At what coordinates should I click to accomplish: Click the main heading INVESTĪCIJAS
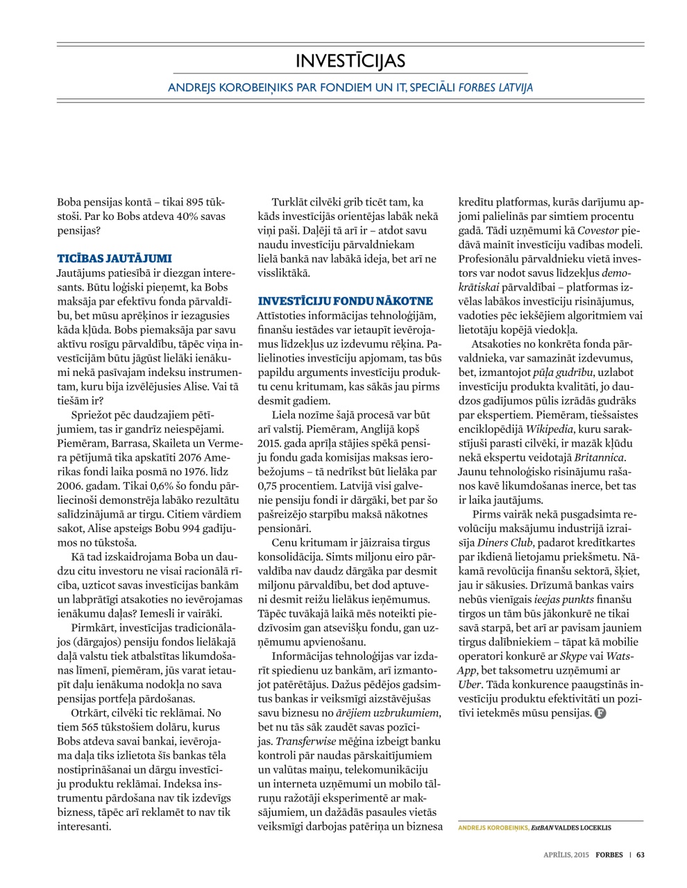(x=350, y=61)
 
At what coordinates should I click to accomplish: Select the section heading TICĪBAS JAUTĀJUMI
(x=114, y=258)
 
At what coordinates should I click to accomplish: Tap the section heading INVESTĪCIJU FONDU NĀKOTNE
(x=345, y=301)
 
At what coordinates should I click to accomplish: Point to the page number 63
(x=641, y=855)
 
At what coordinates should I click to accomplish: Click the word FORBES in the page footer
(x=609, y=855)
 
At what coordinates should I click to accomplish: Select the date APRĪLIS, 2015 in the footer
(x=566, y=855)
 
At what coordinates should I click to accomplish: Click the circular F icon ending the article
(x=600, y=713)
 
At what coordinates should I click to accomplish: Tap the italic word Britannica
(x=598, y=457)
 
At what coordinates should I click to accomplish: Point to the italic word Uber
(x=469, y=684)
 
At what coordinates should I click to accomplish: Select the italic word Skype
(x=573, y=656)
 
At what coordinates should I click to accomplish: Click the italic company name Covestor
(x=599, y=230)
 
